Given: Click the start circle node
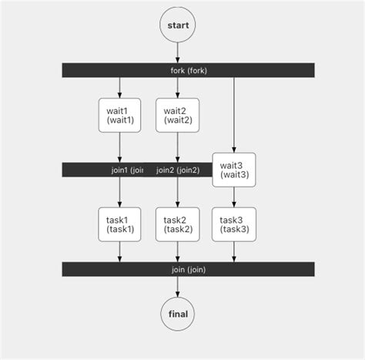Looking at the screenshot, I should (x=177, y=25).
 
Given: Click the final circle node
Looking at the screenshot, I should (x=177, y=314).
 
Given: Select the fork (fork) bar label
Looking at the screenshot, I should (x=189, y=70).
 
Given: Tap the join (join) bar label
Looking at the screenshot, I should (x=189, y=269).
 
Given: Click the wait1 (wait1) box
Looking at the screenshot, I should (x=119, y=116).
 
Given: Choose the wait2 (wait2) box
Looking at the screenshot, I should (x=177, y=116).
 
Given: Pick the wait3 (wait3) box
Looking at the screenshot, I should (x=233, y=170).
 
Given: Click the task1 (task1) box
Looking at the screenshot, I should (x=119, y=224).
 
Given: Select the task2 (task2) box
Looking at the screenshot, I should (x=177, y=224).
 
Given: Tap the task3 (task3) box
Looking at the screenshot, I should (x=233, y=224).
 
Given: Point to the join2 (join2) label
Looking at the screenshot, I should (x=177, y=170).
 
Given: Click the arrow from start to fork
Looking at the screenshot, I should (x=177, y=52).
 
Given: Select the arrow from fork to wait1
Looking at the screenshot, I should (x=119, y=87).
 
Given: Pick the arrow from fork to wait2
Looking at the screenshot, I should (x=177, y=87).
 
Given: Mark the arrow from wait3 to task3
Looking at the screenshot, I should (x=233, y=197).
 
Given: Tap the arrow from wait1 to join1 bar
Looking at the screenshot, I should (x=119, y=148).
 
